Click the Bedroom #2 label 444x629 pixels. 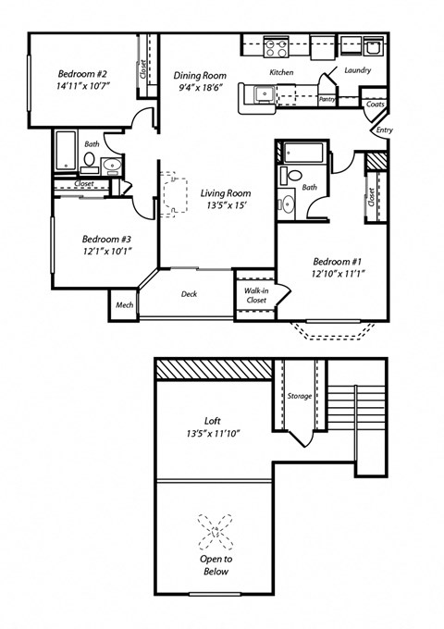pyautogui.click(x=83, y=75)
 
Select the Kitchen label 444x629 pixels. pyautogui.click(x=281, y=72)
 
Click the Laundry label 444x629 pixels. pyautogui.click(x=357, y=70)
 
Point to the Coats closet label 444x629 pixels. pyautogui.click(x=375, y=105)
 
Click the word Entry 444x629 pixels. pyautogui.click(x=384, y=130)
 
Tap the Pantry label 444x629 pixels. pyautogui.click(x=326, y=98)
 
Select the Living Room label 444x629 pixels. pyautogui.click(x=226, y=193)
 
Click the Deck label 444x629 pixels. pyautogui.click(x=189, y=295)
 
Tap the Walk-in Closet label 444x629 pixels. pyautogui.click(x=255, y=295)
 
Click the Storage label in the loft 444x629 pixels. pyautogui.click(x=300, y=397)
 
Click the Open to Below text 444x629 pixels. pyautogui.click(x=215, y=565)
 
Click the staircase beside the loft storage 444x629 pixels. pyautogui.click(x=356, y=416)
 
